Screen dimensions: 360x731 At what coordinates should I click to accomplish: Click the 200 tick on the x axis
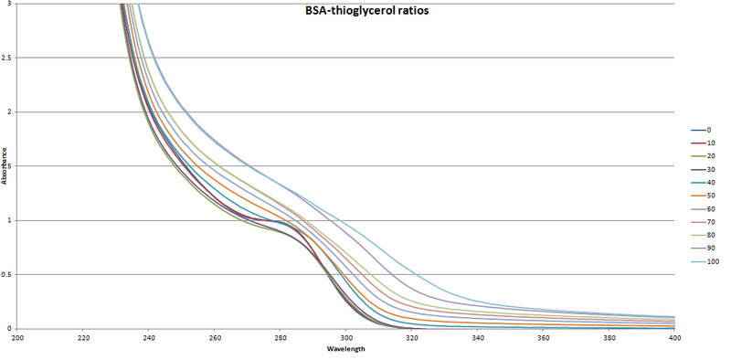tap(17, 337)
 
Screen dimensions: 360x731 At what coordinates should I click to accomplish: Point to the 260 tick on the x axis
tap(215, 337)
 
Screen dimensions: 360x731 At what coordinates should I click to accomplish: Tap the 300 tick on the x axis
tap(346, 337)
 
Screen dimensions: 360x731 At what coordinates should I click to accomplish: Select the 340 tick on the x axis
tap(478, 337)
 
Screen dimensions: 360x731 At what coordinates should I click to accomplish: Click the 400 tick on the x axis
tap(675, 337)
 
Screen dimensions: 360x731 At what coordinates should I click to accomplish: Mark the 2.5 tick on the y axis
tap(8, 58)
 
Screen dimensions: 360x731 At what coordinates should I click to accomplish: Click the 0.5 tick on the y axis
tap(8, 274)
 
